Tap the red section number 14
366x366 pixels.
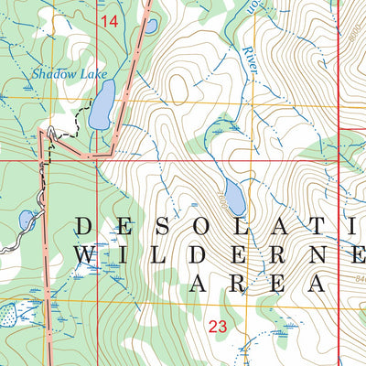109,20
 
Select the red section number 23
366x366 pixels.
218,325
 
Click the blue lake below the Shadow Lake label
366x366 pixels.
102,103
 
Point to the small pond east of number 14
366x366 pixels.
149,26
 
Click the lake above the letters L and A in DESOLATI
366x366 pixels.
233,195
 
